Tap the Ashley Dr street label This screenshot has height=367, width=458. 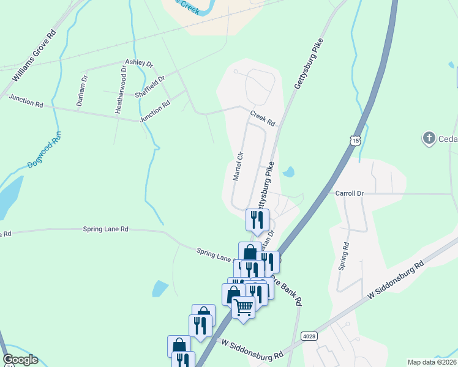(139, 63)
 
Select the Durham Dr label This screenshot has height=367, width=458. (81, 89)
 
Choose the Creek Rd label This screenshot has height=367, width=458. (263, 118)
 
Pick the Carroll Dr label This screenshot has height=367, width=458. (349, 193)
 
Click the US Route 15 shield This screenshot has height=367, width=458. (356, 141)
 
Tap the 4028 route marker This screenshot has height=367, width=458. (309, 336)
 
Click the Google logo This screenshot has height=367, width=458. (20, 360)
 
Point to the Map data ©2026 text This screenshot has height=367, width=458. (432, 362)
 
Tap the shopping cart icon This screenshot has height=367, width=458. (244, 306)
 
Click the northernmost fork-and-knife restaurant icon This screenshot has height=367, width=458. (257, 218)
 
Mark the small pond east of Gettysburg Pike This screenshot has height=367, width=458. (288, 172)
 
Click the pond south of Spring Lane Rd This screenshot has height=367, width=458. (160, 288)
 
